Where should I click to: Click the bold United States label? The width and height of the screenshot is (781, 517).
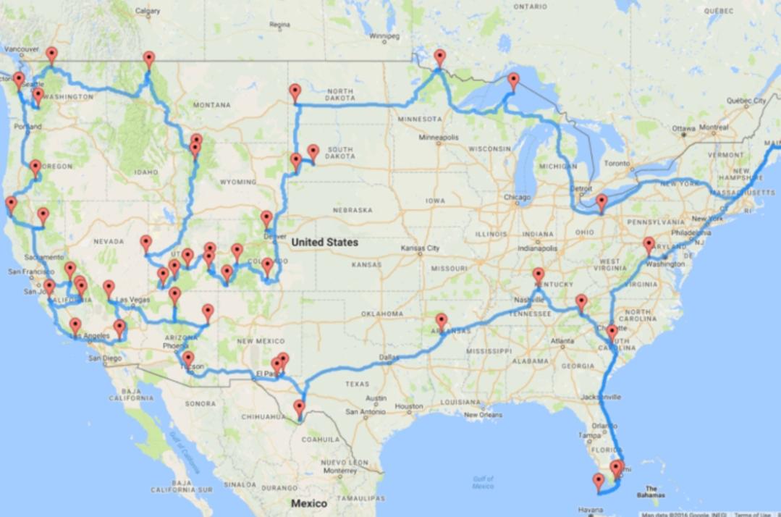[x=324, y=243]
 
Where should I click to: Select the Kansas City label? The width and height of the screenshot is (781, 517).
[x=421, y=248]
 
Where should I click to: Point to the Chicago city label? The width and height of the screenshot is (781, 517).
[x=518, y=197]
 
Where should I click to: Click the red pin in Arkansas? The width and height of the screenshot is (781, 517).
[x=441, y=319]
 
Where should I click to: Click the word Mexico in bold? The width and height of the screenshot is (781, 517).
[x=308, y=503]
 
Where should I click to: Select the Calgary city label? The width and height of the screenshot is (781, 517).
[x=148, y=11]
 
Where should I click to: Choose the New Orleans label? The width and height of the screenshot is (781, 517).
[x=484, y=415]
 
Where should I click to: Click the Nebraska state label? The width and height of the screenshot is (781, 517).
[x=352, y=210]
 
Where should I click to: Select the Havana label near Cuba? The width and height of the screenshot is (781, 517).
[x=591, y=511]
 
